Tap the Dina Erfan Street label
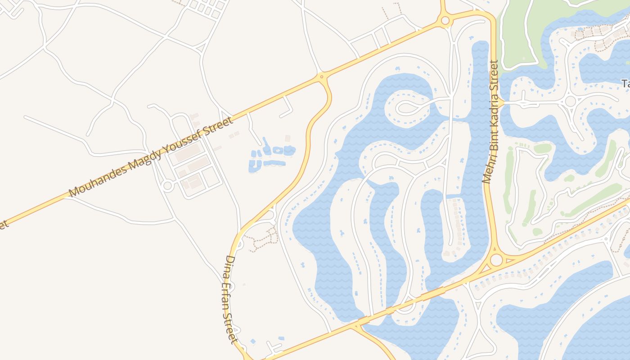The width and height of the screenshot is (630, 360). point(230,299)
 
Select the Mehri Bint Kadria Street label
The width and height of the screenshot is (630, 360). point(491,121)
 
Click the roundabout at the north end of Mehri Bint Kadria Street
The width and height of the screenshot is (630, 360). point(445,20)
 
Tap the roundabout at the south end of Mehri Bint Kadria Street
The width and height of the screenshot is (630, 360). point(496,260)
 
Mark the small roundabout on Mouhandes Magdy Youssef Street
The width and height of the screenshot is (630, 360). point(321,77)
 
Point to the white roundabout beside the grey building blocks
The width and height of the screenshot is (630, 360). point(168,185)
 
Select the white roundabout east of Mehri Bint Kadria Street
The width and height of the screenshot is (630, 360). point(571,101)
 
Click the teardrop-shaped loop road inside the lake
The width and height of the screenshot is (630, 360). point(407,107)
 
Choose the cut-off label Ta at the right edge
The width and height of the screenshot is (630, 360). point(625,83)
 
